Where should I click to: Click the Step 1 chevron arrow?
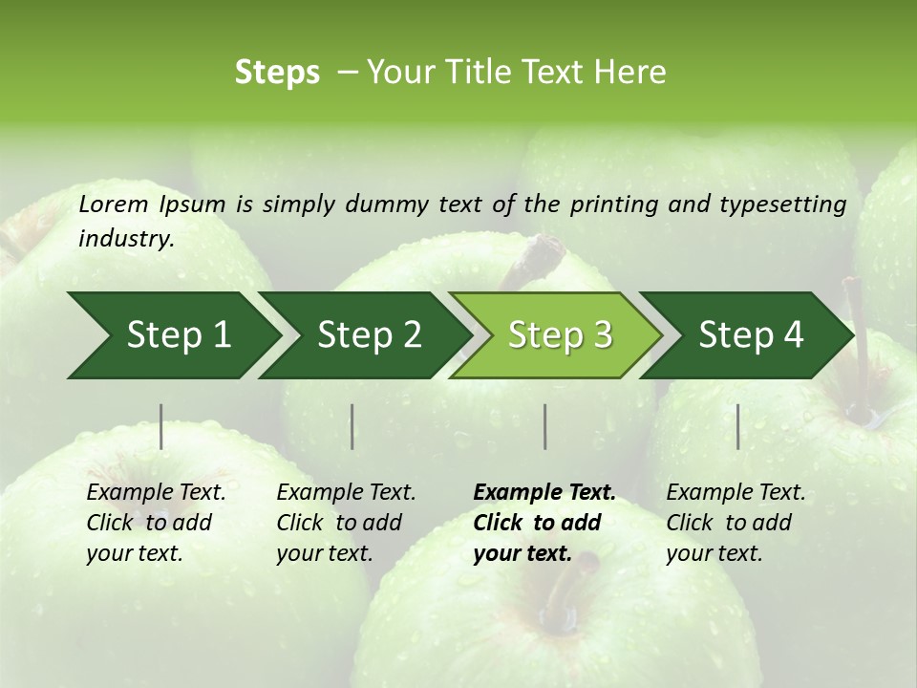(178, 335)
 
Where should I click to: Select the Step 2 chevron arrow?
(369, 335)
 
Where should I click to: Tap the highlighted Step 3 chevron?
(560, 335)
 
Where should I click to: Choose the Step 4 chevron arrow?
(751, 335)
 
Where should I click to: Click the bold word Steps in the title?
(277, 72)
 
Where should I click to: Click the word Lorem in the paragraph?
(114, 204)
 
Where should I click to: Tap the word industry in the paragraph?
(126, 238)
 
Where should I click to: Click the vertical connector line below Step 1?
(161, 426)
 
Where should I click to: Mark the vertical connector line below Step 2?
(352, 426)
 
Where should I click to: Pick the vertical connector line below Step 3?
(544, 426)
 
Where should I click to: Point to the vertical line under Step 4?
(737, 426)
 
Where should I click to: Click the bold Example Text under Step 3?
(544, 492)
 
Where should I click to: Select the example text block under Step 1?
(156, 523)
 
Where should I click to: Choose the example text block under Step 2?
(346, 523)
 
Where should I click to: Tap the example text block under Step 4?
(736, 523)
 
